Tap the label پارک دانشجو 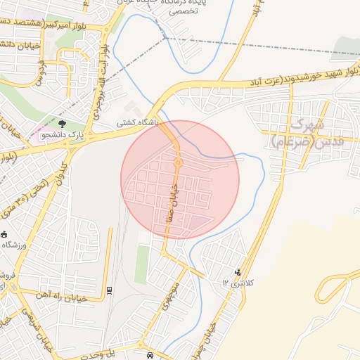tap(66, 135)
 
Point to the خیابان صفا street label tap(170, 199)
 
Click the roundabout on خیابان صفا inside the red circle tap(178, 162)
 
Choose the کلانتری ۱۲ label tap(236, 283)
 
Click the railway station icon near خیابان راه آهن tap(108, 290)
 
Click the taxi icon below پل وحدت tap(150, 356)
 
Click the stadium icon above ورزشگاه tap(5, 233)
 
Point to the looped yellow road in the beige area tap(336, 285)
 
